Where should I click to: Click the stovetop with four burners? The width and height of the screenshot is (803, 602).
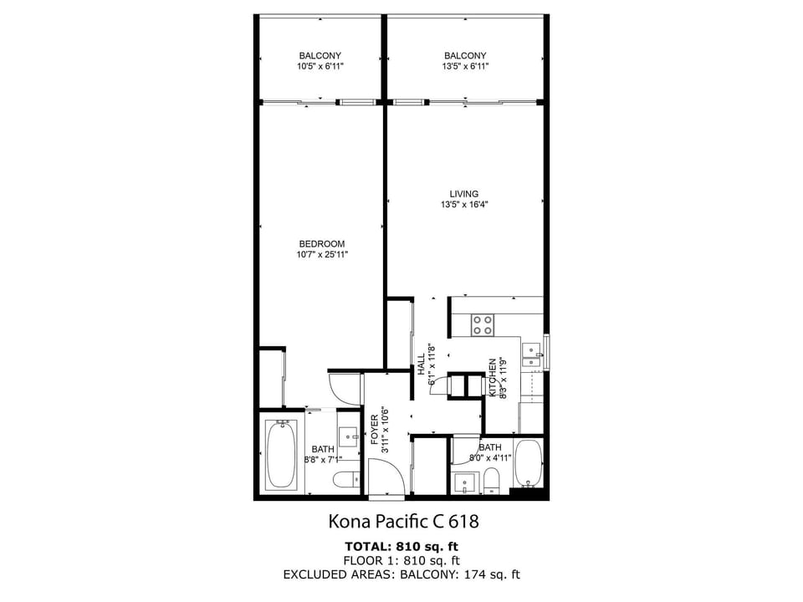483,324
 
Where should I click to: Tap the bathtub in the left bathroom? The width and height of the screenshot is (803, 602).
279,454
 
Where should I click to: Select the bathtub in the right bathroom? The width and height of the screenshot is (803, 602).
528,462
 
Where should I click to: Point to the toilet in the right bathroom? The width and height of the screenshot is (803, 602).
491,482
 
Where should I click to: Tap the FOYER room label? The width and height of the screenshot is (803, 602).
375,429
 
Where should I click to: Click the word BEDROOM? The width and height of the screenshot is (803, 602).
321,244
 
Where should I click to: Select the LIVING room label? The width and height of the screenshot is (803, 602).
464,194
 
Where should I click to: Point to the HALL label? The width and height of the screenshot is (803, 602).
422,365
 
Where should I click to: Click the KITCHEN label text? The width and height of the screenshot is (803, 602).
492,377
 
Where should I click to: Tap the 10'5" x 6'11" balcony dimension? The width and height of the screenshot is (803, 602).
320,66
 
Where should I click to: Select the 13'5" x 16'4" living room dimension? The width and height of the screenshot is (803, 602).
464,205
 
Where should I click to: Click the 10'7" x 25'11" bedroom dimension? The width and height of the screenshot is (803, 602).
321,254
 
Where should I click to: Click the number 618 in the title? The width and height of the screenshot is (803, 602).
463,522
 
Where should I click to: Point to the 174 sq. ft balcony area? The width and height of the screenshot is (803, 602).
492,575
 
